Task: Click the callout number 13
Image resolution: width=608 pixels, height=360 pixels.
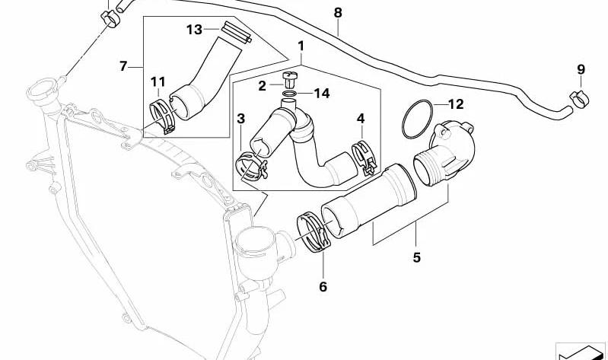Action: (x=194, y=29)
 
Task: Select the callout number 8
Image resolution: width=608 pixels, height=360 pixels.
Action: (x=338, y=13)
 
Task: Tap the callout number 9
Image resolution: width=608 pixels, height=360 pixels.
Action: (x=581, y=70)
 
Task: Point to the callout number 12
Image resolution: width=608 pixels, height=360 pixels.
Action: (x=456, y=104)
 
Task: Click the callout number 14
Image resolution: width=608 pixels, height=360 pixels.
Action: (x=322, y=93)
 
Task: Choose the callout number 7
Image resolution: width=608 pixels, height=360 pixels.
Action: (x=123, y=66)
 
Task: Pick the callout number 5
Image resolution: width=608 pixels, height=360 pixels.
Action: (x=417, y=257)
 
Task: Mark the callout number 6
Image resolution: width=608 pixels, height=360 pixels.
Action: (x=323, y=287)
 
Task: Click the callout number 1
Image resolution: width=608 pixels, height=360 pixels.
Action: (x=301, y=46)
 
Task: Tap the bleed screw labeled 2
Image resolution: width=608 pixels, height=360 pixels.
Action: (x=290, y=79)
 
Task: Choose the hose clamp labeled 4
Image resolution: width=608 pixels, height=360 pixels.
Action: (x=364, y=157)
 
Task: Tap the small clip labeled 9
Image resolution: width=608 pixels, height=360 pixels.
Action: (x=579, y=98)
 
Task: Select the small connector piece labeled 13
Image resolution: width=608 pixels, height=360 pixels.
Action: (x=237, y=32)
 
